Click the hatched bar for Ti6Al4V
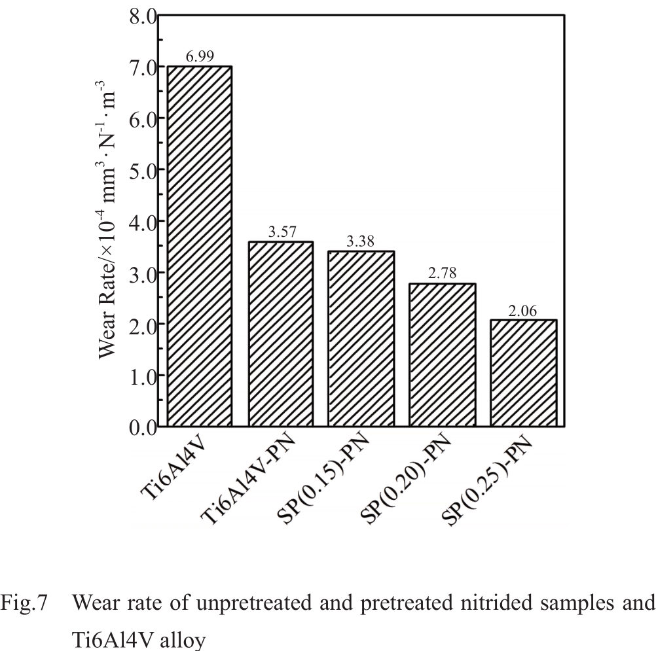[x=199, y=246]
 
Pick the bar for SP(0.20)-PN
[x=443, y=355]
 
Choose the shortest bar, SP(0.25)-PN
[x=524, y=373]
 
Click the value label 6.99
[x=199, y=57]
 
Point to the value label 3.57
[x=280, y=232]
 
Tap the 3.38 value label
[x=361, y=242]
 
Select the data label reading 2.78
[x=443, y=273]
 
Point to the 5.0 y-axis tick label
[x=138, y=169]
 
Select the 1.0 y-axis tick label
[x=138, y=376]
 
